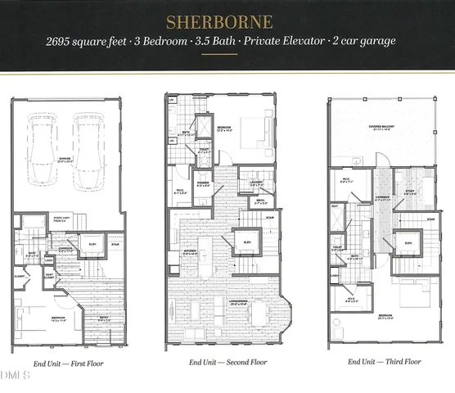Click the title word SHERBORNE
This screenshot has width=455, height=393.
[227, 20]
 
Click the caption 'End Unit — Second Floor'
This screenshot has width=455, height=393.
[227, 362]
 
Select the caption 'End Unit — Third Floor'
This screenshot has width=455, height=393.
[385, 362]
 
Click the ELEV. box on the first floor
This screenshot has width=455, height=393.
[92, 244]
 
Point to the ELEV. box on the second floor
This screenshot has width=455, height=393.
[246, 242]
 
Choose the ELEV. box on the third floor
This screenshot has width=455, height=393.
[407, 242]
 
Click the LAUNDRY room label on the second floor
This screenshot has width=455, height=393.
[256, 183]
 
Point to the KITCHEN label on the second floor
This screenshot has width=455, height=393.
[190, 253]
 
